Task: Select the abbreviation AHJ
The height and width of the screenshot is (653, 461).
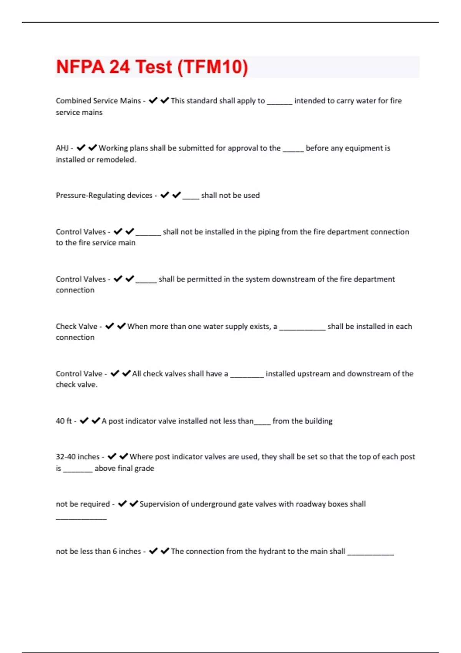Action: pos(62,148)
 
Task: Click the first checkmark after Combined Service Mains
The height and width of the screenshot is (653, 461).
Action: pos(153,101)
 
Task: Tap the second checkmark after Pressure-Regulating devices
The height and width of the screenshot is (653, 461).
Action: pos(177,195)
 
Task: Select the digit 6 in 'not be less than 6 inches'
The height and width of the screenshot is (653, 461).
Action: pos(115,551)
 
